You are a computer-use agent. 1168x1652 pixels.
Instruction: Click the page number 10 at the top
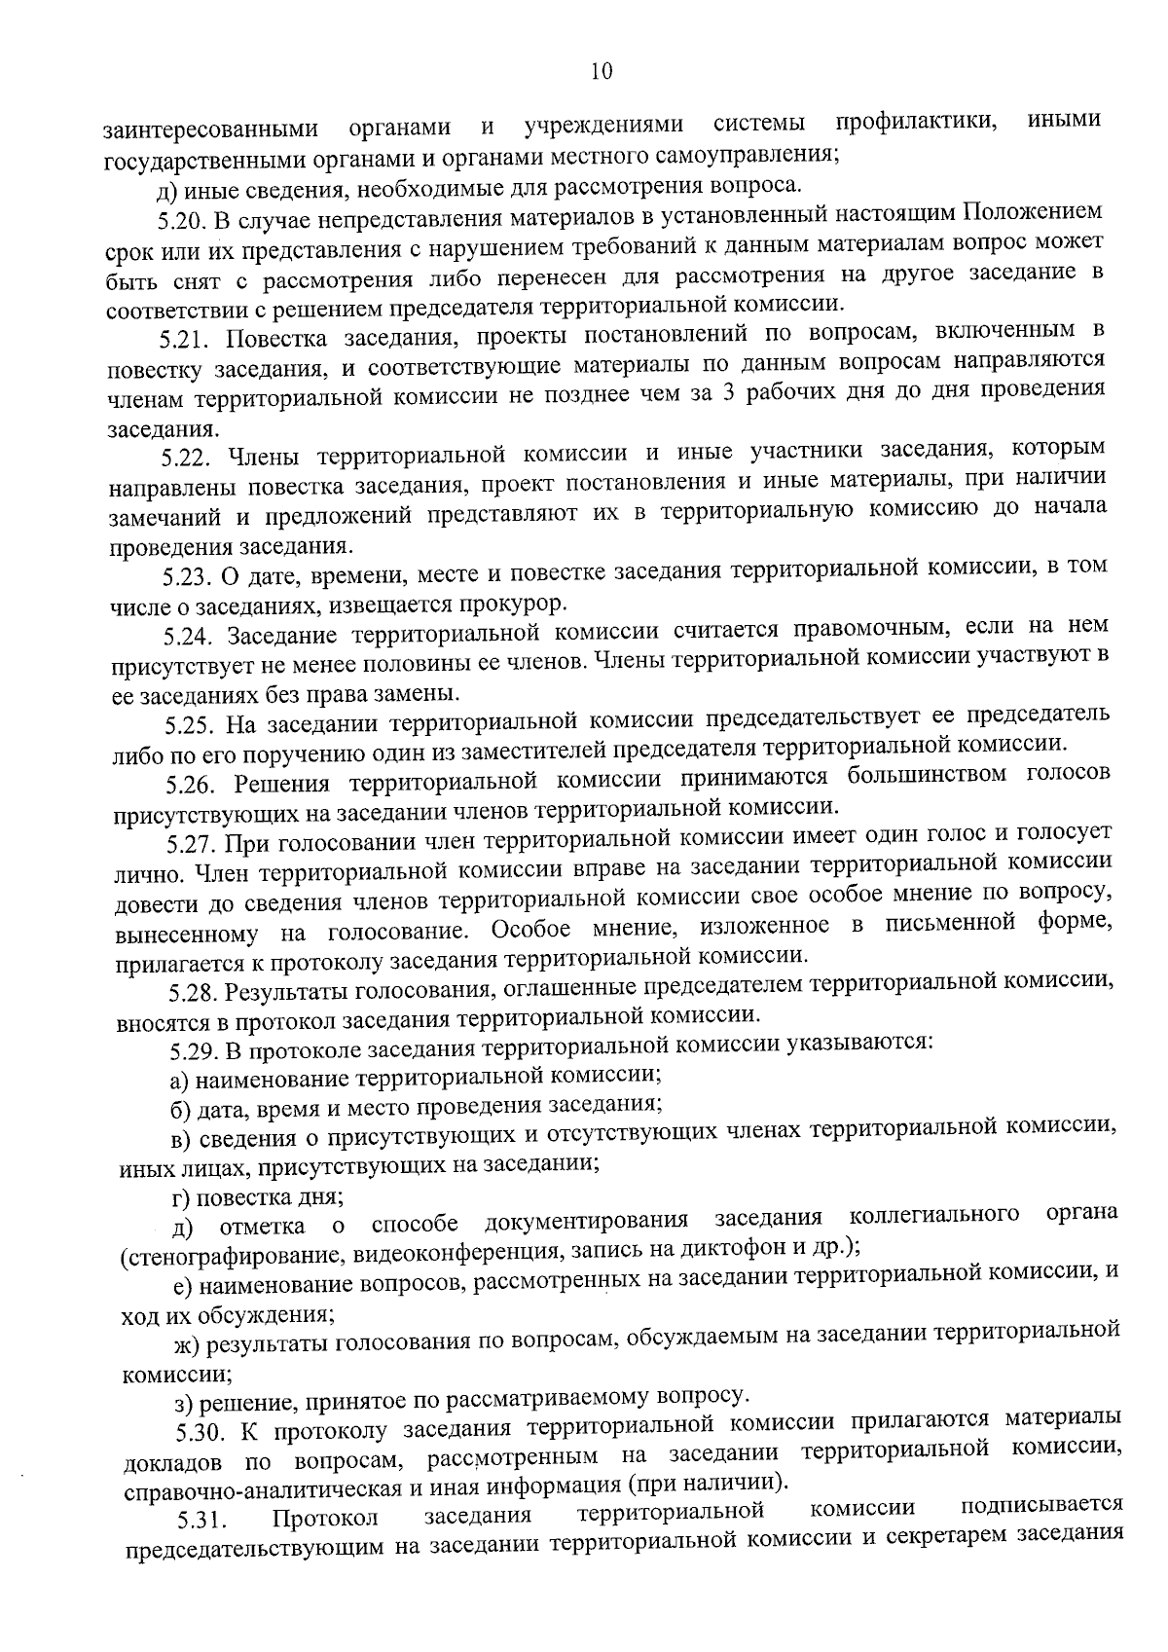coord(601,71)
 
